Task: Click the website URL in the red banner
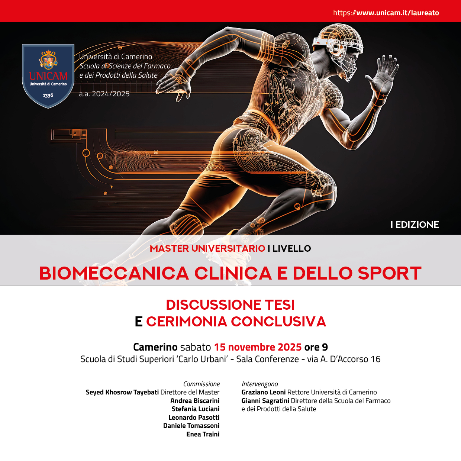(386, 13)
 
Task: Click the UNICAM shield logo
(48, 76)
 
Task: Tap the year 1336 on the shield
(48, 95)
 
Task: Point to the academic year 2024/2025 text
(104, 94)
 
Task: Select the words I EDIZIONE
(415, 225)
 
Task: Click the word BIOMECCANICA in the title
(114, 273)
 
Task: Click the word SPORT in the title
(390, 273)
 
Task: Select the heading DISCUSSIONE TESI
(230, 305)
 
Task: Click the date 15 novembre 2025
(258, 347)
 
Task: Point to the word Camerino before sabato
(155, 347)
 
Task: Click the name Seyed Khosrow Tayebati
(122, 392)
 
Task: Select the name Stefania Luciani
(196, 409)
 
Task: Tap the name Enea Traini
(203, 434)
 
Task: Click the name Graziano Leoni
(263, 392)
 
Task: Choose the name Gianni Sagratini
(265, 400)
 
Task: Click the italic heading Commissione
(202, 384)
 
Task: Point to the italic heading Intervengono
(259, 384)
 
